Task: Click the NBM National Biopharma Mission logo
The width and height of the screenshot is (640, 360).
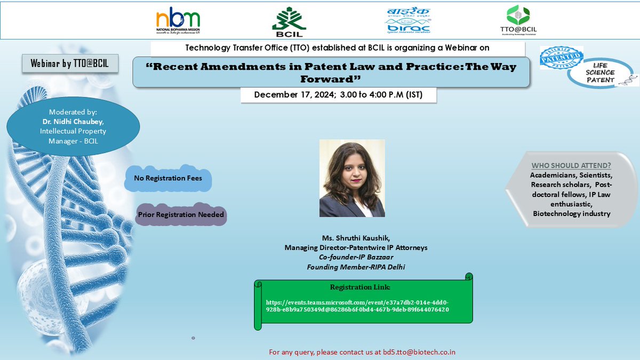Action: pos(178,20)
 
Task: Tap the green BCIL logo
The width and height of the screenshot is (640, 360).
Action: pos(289,21)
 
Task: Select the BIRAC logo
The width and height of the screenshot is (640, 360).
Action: pos(408,20)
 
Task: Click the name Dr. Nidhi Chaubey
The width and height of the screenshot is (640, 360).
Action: pos(73,122)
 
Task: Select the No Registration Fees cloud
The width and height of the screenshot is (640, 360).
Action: pos(167,178)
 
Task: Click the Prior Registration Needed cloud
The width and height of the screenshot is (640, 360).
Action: pos(181,214)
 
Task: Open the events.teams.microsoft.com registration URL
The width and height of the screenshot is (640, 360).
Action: pos(357,306)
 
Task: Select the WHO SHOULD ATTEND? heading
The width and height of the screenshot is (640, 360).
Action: pos(571,165)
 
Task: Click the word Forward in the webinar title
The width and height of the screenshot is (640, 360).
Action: pos(331,78)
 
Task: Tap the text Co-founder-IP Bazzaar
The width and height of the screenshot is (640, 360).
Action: pos(356,257)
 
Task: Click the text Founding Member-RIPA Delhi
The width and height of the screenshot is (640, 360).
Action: pos(356,267)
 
